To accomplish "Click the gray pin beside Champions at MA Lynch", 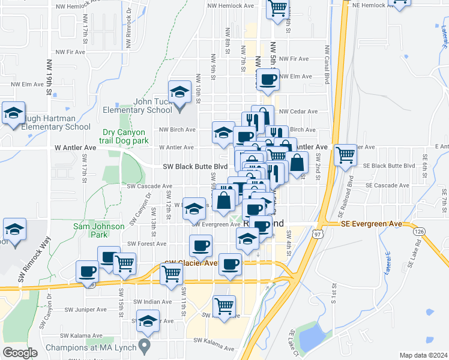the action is (x=143, y=346).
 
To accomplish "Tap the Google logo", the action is (x=20, y=353).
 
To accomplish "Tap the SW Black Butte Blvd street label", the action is (x=195, y=167).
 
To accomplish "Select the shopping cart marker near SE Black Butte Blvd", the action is (x=345, y=156).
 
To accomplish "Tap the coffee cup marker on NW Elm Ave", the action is (x=268, y=79).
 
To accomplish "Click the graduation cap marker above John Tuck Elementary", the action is (x=179, y=93).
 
